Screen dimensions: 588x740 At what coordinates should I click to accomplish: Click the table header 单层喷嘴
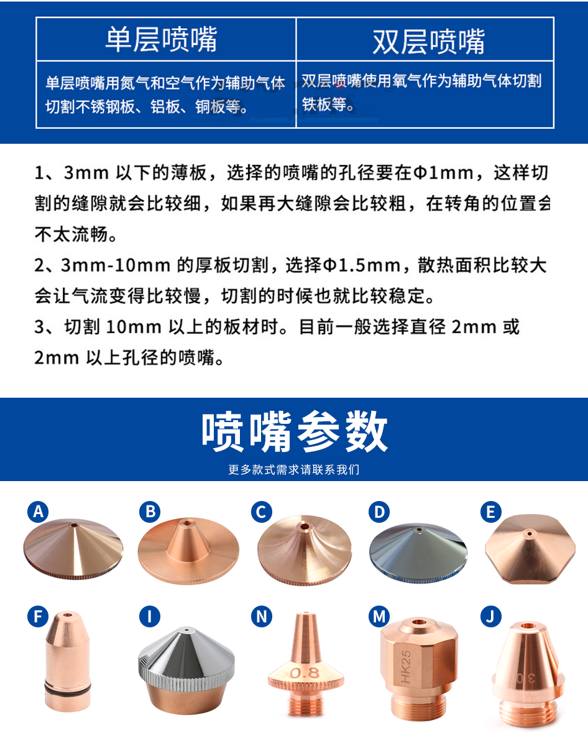click(x=161, y=39)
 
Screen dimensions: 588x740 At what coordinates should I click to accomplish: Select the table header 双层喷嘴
click(x=428, y=42)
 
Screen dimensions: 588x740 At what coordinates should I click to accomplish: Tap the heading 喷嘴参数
click(x=295, y=431)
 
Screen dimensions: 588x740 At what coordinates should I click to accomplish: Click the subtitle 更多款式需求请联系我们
click(x=294, y=469)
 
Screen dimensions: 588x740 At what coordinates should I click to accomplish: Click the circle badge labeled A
click(x=38, y=512)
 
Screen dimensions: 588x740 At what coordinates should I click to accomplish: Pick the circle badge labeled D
click(x=379, y=512)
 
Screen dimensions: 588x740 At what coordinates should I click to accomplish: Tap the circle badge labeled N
click(x=262, y=616)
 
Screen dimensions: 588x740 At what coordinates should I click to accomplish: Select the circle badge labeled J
click(x=490, y=616)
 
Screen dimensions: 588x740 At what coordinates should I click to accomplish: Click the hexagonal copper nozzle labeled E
click(x=530, y=549)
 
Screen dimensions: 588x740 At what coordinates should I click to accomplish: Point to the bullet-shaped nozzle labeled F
click(x=67, y=661)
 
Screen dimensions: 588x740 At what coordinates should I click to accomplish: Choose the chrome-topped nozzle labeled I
click(x=186, y=670)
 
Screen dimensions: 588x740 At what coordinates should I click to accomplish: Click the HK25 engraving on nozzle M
click(x=406, y=667)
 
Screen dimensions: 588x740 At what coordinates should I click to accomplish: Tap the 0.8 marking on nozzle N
click(x=305, y=673)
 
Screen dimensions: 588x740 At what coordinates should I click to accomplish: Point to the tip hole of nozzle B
click(x=187, y=523)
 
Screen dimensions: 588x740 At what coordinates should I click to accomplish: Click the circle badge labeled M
click(x=379, y=616)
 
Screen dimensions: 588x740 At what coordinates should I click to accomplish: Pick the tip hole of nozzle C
click(x=305, y=526)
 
